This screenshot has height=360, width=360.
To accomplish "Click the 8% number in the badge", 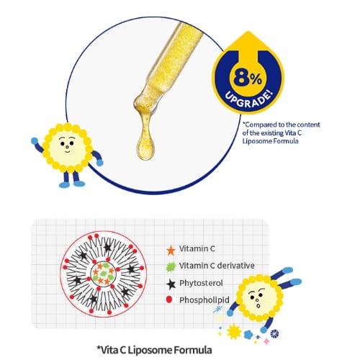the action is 247,78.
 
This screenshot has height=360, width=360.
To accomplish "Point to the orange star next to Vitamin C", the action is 171,250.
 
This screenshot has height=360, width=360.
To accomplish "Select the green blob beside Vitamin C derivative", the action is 171,266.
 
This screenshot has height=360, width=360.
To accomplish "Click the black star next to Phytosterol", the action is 171,284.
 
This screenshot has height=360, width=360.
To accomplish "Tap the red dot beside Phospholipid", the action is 169,300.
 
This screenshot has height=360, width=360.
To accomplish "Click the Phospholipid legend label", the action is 204,300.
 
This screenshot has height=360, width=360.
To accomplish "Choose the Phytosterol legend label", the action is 201,283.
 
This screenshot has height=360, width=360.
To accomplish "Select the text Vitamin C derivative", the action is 217,266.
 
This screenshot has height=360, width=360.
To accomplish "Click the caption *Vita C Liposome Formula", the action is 154,350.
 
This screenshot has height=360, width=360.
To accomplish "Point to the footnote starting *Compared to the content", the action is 281,132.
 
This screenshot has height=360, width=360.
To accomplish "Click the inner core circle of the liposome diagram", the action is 103,274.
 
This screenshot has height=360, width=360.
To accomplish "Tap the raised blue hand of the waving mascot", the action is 35,141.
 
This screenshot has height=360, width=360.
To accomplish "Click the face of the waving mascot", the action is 67,146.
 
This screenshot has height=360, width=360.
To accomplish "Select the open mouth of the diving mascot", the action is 258,306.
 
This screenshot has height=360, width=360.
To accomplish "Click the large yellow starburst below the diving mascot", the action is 234,331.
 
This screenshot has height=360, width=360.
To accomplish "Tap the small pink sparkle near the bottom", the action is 266,341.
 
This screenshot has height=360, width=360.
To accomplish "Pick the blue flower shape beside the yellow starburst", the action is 248,335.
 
